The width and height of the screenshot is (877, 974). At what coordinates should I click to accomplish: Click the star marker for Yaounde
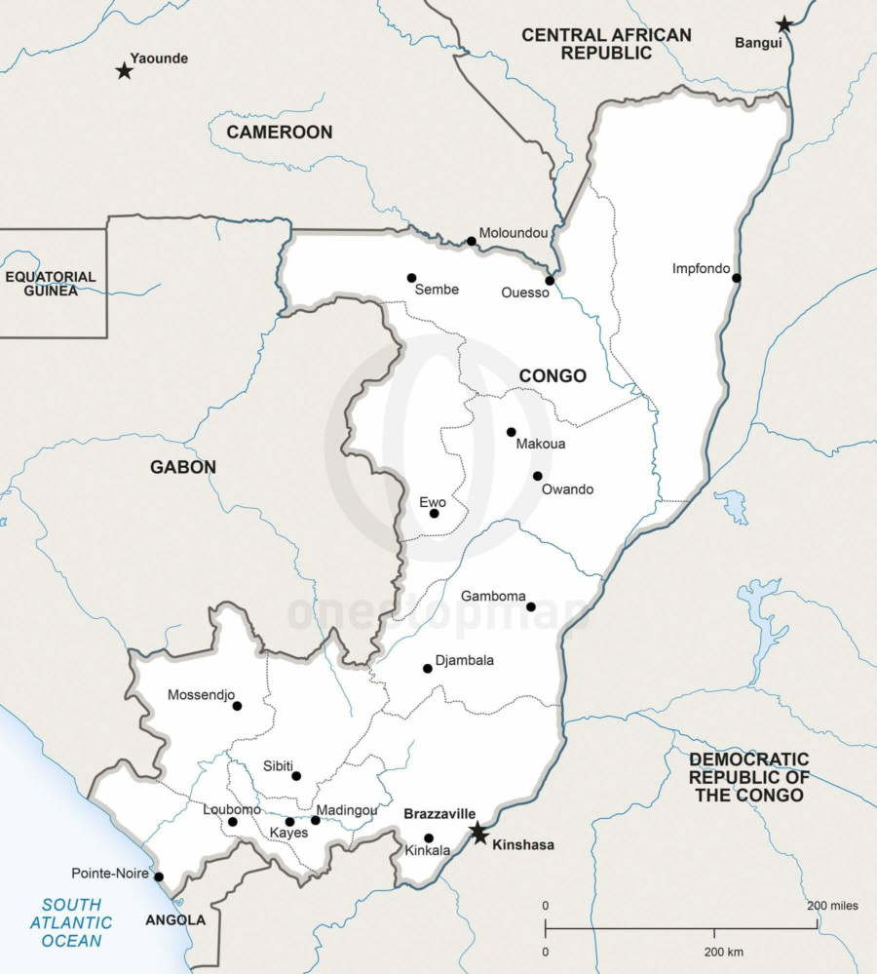(124, 70)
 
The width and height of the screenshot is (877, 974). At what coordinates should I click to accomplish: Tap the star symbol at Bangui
(784, 24)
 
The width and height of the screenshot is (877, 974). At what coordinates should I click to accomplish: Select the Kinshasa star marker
(478, 834)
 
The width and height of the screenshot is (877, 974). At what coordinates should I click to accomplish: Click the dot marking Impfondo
(737, 278)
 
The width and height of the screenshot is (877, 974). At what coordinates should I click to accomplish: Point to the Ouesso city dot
(550, 280)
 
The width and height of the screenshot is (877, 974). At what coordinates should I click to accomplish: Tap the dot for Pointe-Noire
(159, 877)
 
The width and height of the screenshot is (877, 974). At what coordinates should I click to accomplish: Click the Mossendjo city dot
(237, 706)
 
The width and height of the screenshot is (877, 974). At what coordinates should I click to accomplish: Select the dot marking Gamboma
(531, 606)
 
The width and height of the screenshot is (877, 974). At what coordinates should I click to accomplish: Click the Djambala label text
(465, 660)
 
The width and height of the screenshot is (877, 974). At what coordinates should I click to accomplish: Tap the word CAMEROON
(280, 132)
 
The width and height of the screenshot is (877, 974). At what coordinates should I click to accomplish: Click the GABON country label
(183, 467)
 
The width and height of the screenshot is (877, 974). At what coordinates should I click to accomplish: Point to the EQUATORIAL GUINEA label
(51, 283)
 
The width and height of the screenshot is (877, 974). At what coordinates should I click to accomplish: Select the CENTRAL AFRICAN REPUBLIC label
(606, 44)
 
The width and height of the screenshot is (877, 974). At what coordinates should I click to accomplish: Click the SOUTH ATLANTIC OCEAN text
(71, 922)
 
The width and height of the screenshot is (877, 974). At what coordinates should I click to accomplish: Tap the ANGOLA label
(175, 919)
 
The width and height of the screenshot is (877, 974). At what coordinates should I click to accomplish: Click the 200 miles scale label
(832, 906)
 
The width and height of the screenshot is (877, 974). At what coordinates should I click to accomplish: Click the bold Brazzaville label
(439, 813)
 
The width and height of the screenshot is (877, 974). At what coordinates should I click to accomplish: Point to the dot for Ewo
(435, 514)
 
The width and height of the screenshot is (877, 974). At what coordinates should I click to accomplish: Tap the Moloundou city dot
(471, 241)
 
